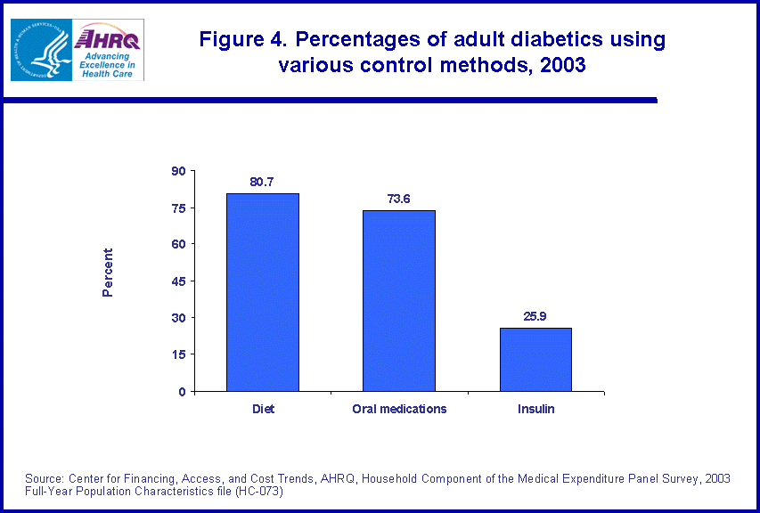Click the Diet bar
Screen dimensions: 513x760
tap(263, 292)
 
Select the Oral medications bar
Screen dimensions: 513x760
tap(399, 300)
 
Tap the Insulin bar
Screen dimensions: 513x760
tap(535, 359)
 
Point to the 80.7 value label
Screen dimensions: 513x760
tap(262, 182)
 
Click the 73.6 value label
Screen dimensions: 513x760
tap(398, 199)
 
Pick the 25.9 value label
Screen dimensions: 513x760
tap(535, 315)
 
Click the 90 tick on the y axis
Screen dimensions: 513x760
tap(178, 171)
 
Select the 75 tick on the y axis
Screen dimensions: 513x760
tap(178, 208)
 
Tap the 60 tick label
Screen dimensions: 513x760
tap(178, 244)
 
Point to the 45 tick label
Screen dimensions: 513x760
tap(178, 281)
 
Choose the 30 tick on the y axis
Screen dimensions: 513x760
tap(178, 318)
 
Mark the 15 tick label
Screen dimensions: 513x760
tap(178, 354)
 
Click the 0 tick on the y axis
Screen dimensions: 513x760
tap(182, 391)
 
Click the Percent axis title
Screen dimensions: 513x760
tap(108, 273)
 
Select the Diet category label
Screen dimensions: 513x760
tap(263, 409)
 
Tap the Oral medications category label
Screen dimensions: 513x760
tap(399, 409)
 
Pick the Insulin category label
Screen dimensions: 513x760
tap(535, 409)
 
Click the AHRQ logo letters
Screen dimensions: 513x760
tap(108, 38)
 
